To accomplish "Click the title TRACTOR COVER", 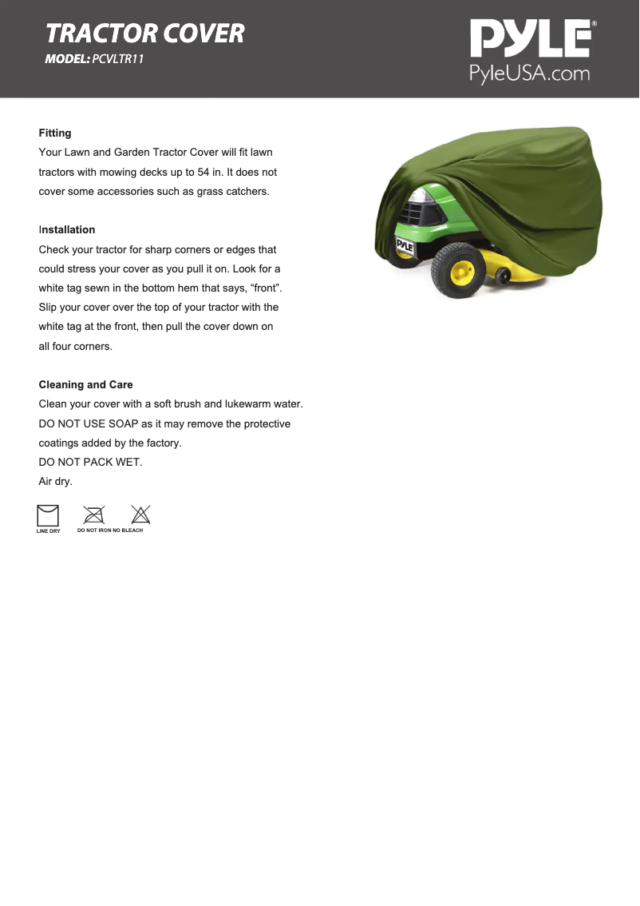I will [x=145, y=34].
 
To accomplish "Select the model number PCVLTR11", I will [x=118, y=59].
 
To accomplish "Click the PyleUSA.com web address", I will [x=529, y=74].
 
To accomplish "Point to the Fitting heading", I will [x=55, y=133].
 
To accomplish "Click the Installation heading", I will [x=67, y=229].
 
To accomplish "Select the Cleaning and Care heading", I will [x=86, y=384].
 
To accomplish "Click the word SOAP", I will [x=124, y=423].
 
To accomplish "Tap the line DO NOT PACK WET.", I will [x=90, y=462].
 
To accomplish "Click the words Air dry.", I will [x=56, y=481].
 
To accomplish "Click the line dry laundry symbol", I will [x=48, y=515].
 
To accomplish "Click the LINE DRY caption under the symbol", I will [x=48, y=531].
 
